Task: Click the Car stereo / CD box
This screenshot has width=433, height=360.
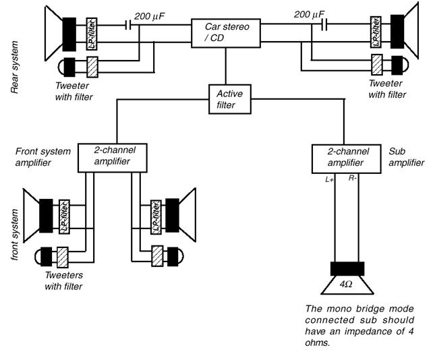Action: (226, 33)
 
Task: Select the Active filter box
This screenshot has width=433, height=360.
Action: (230, 99)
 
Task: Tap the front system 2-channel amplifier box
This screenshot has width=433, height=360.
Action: (113, 158)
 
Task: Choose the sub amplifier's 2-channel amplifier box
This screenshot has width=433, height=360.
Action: (347, 158)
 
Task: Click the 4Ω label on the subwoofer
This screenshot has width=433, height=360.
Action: (346, 284)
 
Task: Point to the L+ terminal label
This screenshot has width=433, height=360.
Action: (330, 180)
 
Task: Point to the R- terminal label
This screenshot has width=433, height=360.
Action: (353, 179)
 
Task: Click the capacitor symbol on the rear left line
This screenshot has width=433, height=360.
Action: (128, 25)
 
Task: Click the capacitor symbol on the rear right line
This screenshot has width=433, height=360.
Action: (324, 25)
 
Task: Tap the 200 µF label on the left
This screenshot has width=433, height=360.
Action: (149, 16)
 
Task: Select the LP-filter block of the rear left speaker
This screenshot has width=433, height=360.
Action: (92, 34)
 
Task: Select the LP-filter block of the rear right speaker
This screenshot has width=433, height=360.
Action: (376, 32)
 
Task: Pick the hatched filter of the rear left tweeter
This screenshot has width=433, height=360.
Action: (92, 67)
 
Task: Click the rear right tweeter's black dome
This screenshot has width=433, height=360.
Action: (399, 65)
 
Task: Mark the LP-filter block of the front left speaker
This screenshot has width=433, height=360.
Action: (64, 216)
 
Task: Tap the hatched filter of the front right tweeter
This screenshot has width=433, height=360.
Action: (157, 256)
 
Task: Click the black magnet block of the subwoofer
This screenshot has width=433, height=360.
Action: (347, 268)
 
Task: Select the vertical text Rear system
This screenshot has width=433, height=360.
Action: (14, 67)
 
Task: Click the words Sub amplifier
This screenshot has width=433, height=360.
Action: (406, 157)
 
